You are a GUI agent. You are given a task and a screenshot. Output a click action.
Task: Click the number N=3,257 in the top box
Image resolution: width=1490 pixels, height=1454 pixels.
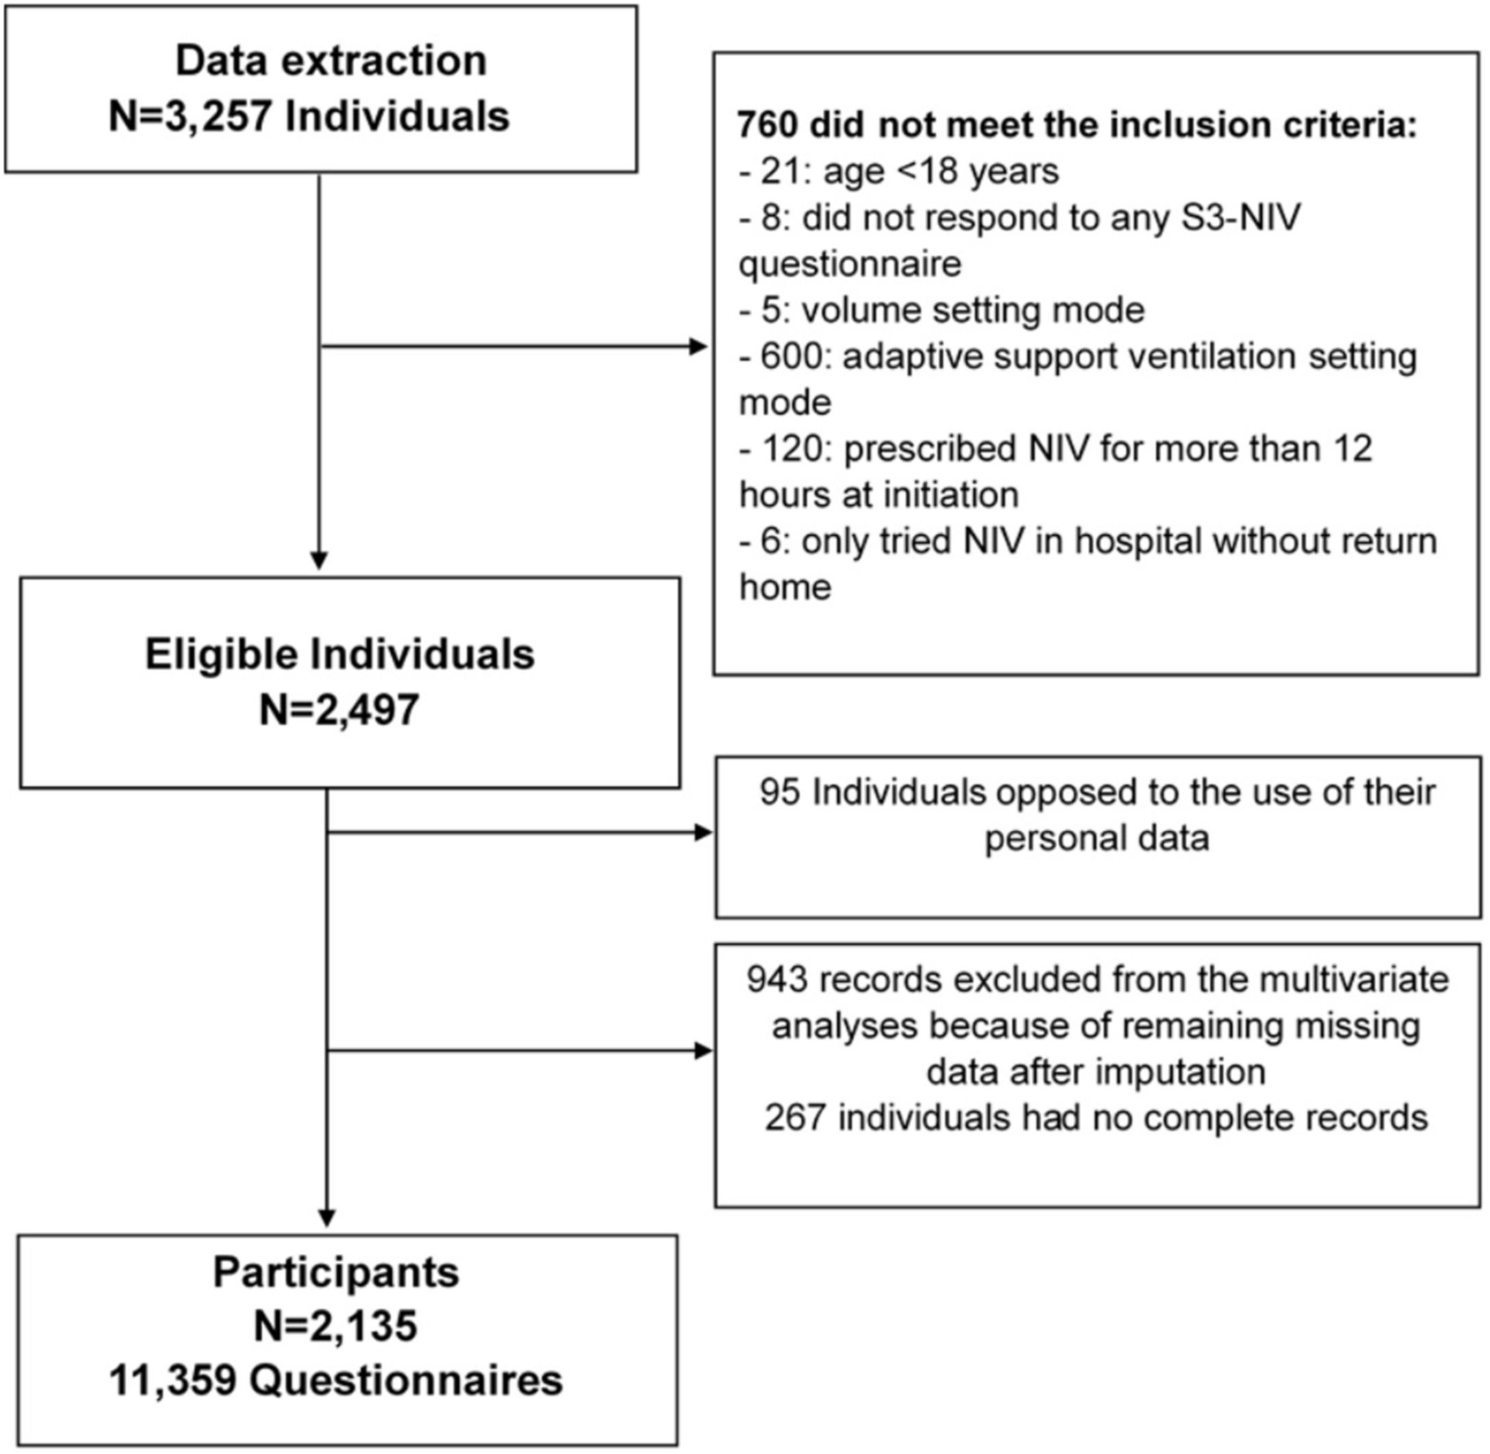pyautogui.click(x=191, y=117)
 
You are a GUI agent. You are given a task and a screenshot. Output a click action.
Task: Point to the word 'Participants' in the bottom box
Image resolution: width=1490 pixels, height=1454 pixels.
pyautogui.click(x=336, y=1272)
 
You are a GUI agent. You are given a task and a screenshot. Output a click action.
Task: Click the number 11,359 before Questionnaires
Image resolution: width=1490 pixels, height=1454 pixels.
pyautogui.click(x=172, y=1380)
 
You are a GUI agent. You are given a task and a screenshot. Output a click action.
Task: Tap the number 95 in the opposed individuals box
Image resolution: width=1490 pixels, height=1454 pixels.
pyautogui.click(x=780, y=792)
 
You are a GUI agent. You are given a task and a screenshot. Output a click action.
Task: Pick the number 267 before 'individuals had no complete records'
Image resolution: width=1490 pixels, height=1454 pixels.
pyautogui.click(x=795, y=1118)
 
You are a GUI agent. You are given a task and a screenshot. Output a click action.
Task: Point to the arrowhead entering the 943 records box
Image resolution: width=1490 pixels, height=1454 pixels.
pyautogui.click(x=702, y=1051)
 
